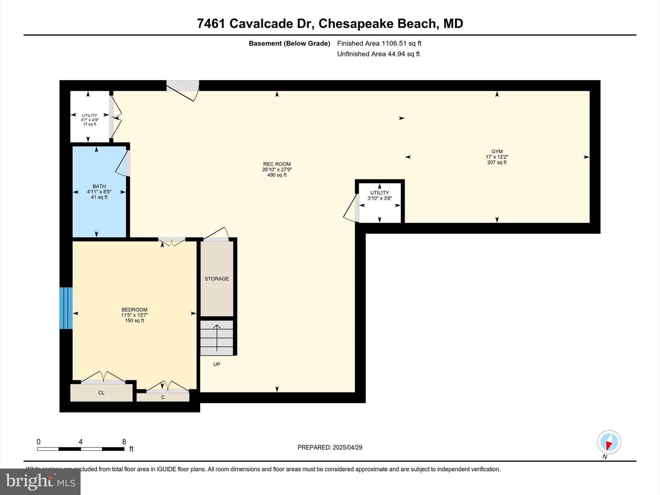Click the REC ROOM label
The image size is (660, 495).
point(277,164)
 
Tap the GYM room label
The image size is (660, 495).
point(497,151)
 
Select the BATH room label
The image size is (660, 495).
point(99,186)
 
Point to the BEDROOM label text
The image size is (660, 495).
point(134,310)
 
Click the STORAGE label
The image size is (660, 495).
point(217,279)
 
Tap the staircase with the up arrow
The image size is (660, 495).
point(217,338)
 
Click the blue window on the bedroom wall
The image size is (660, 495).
point(66,308)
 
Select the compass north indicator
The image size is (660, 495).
point(609,442)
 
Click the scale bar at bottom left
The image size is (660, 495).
point(81,449)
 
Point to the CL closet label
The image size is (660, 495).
point(101,393)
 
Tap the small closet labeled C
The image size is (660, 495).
point(163,397)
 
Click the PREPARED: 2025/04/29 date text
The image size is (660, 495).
point(330,447)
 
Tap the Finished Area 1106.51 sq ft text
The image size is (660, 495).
point(379,44)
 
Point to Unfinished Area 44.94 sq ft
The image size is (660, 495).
point(378,54)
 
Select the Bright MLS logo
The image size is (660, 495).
point(40,481)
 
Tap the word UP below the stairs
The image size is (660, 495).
point(217,364)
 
